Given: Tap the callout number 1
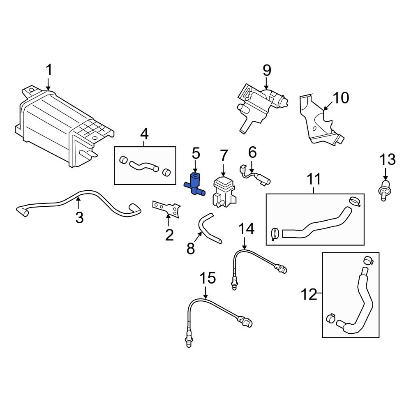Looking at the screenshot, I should click(x=48, y=71).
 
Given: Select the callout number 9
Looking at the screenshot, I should click(x=267, y=71).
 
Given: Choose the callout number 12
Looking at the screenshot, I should click(x=309, y=294).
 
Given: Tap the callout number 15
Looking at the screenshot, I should click(x=208, y=278).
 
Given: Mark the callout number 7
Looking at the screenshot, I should click(x=224, y=155).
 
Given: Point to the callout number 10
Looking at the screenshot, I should click(x=340, y=98).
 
